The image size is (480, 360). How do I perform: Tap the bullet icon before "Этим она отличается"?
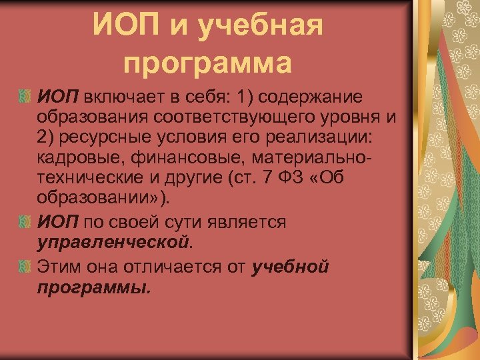(24, 267)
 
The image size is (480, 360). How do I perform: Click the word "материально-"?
(304, 160)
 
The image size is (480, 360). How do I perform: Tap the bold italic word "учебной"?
(291, 267)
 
